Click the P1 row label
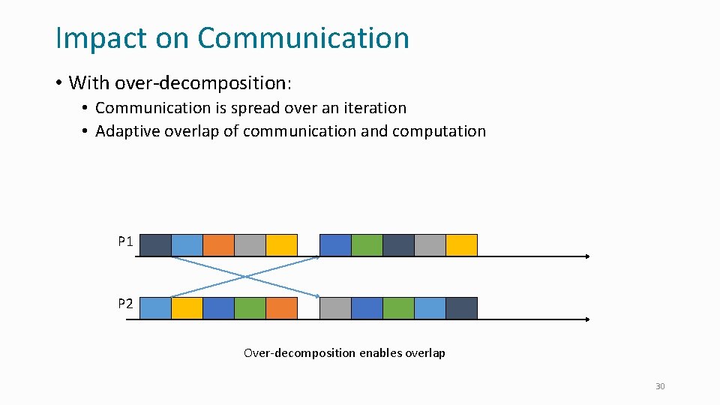(x=125, y=242)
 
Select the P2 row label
(x=125, y=304)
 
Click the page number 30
(x=660, y=386)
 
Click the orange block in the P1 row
(x=218, y=245)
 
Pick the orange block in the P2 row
(x=281, y=308)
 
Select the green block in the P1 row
(x=367, y=245)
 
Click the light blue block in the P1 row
(x=187, y=245)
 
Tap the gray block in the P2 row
(x=335, y=308)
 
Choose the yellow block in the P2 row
(x=187, y=308)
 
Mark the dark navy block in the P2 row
(x=461, y=308)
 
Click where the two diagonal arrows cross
(x=246, y=277)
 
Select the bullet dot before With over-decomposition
(x=58, y=82)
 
